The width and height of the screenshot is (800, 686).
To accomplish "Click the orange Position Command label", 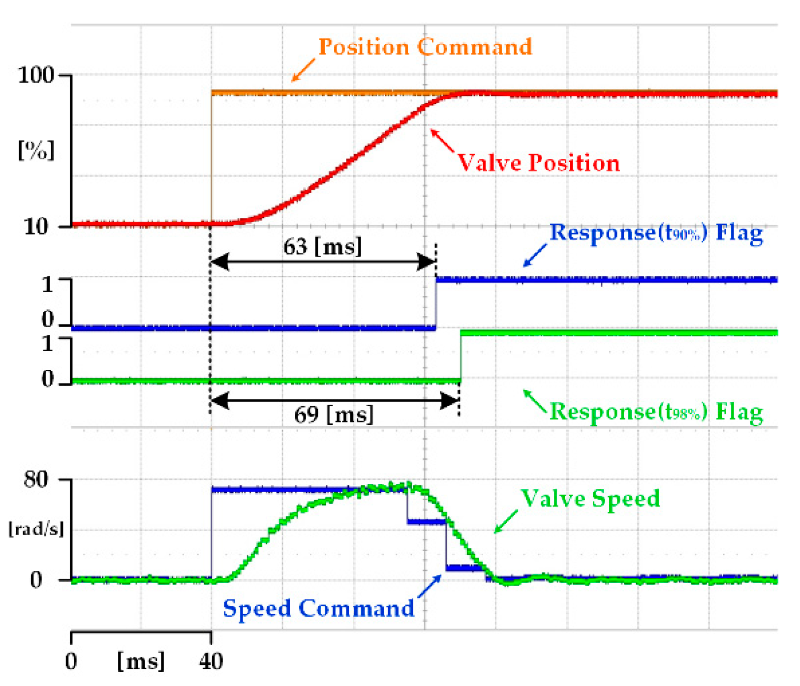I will click(x=425, y=47).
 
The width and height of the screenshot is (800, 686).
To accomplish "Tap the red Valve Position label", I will click(x=539, y=163).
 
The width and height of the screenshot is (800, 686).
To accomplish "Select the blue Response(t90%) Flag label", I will click(x=656, y=232).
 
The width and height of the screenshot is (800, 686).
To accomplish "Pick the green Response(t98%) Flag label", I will click(x=656, y=411).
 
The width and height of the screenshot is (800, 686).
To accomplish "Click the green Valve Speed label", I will click(x=590, y=499).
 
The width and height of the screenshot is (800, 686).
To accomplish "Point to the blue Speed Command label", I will click(x=319, y=608).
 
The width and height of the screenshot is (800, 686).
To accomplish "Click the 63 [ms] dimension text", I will click(x=322, y=246).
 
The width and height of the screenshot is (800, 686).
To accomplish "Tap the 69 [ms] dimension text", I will click(x=334, y=415).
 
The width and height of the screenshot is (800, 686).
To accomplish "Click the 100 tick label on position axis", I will click(x=35, y=75).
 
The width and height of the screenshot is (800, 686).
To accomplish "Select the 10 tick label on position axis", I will click(x=36, y=227).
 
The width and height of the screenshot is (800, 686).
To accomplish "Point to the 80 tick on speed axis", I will click(x=36, y=479).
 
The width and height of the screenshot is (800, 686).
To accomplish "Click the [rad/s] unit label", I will click(x=36, y=529).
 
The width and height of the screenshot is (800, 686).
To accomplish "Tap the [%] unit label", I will click(x=36, y=149).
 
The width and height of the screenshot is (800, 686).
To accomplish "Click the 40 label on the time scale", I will click(x=211, y=661).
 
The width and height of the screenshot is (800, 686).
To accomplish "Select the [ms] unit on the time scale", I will click(x=141, y=661).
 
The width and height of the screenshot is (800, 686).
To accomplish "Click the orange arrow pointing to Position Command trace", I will click(x=303, y=70).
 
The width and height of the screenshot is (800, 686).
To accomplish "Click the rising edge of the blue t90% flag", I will click(x=436, y=303).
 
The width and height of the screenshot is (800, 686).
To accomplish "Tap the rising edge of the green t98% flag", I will click(x=461, y=357).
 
